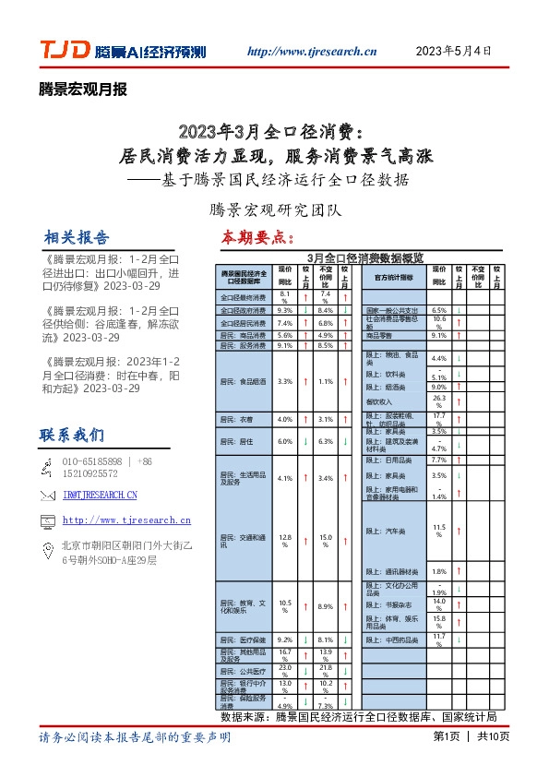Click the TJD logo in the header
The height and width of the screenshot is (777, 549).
(x=64, y=51)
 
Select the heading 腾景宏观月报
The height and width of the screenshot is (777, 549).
(x=83, y=90)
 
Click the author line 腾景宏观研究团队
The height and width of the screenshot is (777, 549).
(x=276, y=209)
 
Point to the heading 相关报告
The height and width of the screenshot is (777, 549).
(x=77, y=236)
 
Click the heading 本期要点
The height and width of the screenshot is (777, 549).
(x=257, y=237)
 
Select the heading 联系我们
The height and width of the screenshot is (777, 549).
(x=72, y=434)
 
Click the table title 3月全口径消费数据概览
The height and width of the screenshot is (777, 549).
(x=365, y=257)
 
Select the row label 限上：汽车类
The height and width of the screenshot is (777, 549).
(x=393, y=531)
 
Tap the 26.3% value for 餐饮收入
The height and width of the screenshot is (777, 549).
(x=439, y=401)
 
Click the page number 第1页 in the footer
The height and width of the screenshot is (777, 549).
(x=446, y=736)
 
